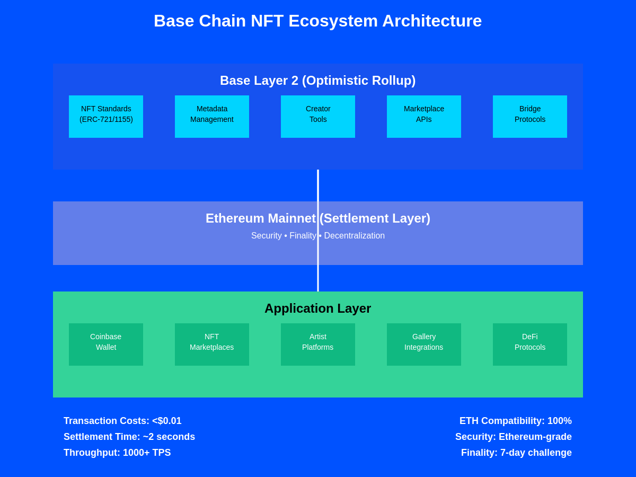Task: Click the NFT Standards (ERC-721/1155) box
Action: pyautogui.click(x=106, y=117)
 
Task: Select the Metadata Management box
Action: pyautogui.click(x=212, y=117)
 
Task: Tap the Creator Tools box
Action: pyautogui.click(x=318, y=117)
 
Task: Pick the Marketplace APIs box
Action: pyautogui.click(x=424, y=117)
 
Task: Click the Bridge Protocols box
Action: pyautogui.click(x=530, y=117)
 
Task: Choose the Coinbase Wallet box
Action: pyautogui.click(x=106, y=344)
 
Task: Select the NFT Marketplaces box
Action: pyautogui.click(x=212, y=344)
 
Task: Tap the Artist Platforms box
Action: pyautogui.click(x=318, y=344)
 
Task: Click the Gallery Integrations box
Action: pyautogui.click(x=424, y=344)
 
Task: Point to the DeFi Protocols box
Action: pyautogui.click(x=530, y=344)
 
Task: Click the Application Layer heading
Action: pyautogui.click(x=318, y=308)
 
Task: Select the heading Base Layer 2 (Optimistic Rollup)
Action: pyautogui.click(x=318, y=81)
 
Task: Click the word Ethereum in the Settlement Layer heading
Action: pyautogui.click(x=235, y=218)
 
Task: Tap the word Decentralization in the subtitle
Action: pyautogui.click(x=355, y=236)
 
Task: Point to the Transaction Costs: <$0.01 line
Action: pyautogui.click(x=122, y=421)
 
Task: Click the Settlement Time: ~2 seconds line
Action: pyautogui.click(x=129, y=437)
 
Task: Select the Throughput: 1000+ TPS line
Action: pyautogui.click(x=117, y=453)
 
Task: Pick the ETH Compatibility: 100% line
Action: pyautogui.click(x=516, y=421)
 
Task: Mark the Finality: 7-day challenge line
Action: pyautogui.click(x=516, y=453)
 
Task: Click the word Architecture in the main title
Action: pyautogui.click(x=432, y=21)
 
